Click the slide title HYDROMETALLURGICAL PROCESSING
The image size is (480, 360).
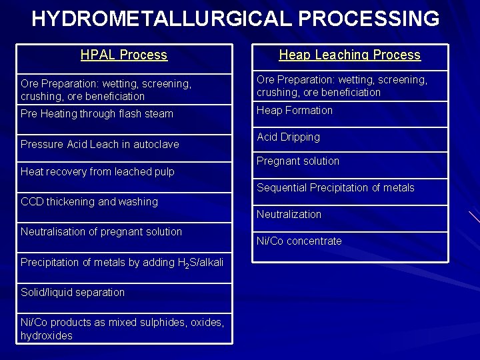[x=235, y=19]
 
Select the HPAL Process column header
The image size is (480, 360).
[x=124, y=55]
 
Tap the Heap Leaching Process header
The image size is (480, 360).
[x=349, y=55]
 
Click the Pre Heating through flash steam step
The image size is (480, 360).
[x=97, y=113]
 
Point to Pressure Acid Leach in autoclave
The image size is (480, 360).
[x=99, y=144]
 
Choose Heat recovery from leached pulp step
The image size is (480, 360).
[x=97, y=171]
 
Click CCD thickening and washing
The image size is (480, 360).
[x=89, y=201]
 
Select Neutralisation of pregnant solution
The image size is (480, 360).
[x=101, y=231]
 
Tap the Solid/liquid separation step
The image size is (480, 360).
[x=73, y=292]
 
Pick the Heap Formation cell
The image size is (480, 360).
[x=295, y=111]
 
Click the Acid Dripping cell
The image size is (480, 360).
[x=288, y=137]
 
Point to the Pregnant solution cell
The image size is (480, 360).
[x=298, y=161]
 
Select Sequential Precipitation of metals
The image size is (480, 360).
[x=335, y=188]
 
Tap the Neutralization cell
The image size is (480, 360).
[x=289, y=215]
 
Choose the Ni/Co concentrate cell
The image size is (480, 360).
[x=299, y=241]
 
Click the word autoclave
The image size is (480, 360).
[x=157, y=144]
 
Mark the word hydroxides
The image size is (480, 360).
[x=47, y=336]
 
